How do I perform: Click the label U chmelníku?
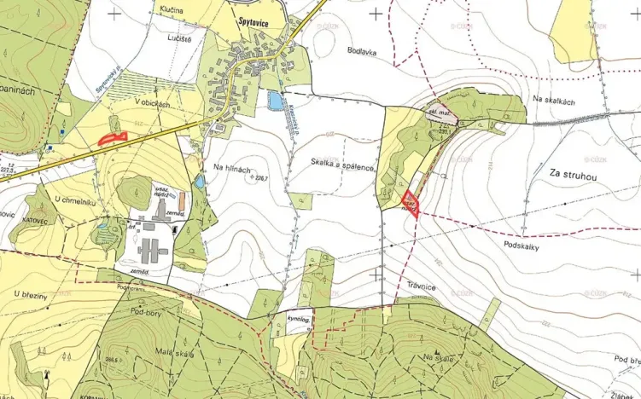73,200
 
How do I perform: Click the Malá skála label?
175,354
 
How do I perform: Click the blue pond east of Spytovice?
275,101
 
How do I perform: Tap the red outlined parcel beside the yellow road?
112,137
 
